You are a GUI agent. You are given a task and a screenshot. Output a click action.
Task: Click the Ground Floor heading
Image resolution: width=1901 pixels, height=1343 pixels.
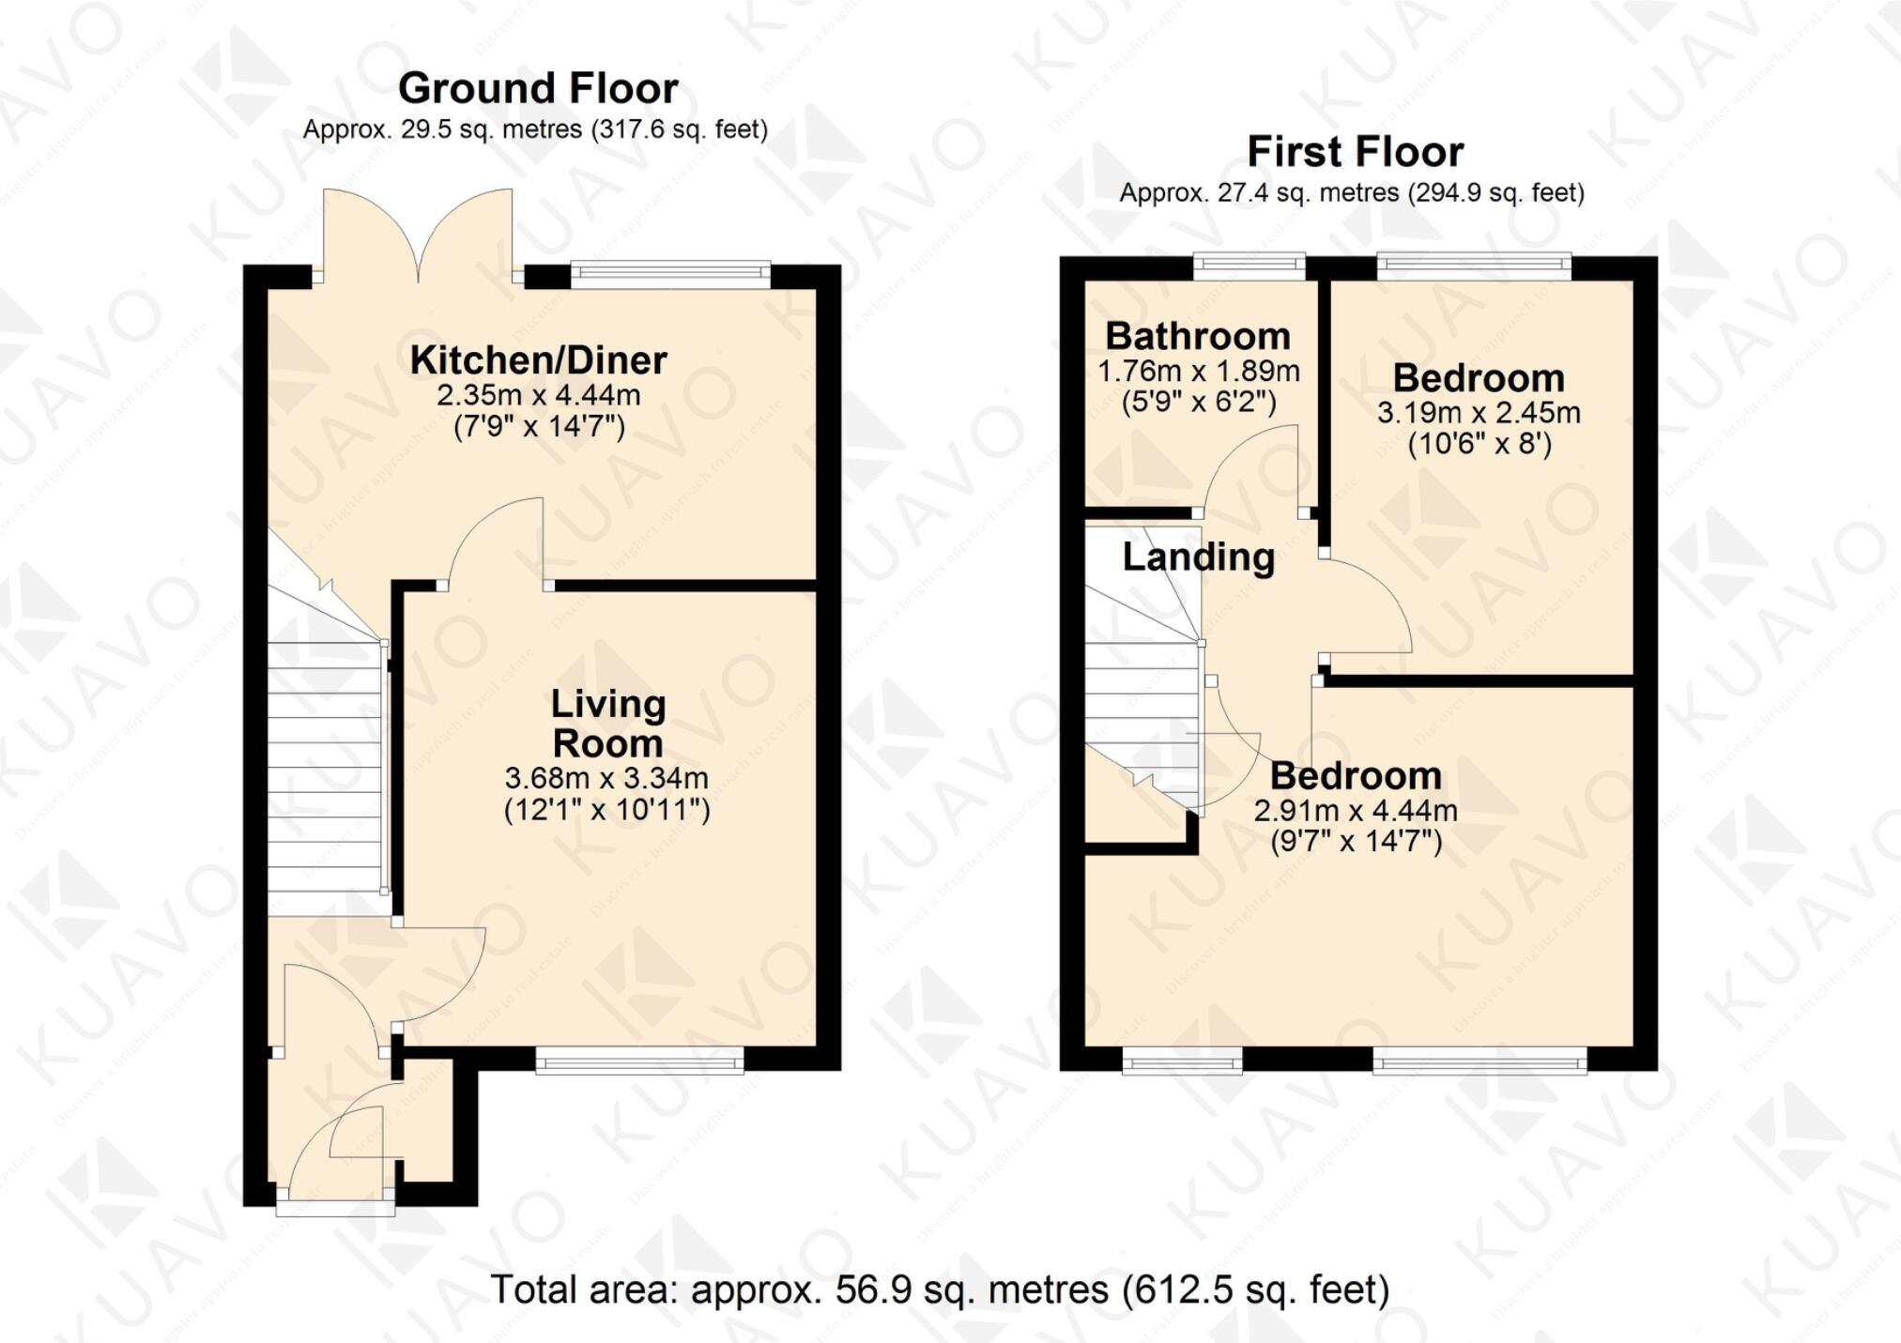click(538, 89)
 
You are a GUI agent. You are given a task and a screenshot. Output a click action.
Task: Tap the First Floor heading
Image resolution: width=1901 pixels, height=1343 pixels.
click(1355, 152)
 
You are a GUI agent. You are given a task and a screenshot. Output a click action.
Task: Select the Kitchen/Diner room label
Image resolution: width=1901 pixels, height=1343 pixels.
click(538, 360)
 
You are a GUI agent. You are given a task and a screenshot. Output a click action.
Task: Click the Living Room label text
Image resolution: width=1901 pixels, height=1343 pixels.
click(608, 724)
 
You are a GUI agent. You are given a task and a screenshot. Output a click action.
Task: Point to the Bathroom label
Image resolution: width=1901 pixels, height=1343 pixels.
click(1198, 336)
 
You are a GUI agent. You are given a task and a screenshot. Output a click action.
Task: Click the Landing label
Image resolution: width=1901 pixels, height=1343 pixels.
click(1199, 557)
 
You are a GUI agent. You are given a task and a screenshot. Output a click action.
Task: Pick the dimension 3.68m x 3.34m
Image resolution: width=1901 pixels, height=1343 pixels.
click(606, 778)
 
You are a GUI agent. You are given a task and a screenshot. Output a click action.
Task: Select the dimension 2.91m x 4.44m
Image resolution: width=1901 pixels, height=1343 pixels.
click(1356, 810)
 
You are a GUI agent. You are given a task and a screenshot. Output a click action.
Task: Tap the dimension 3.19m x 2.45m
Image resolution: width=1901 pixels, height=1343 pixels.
click(1479, 413)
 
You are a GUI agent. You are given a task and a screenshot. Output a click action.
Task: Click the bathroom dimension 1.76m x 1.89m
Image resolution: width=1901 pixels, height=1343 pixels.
click(1199, 372)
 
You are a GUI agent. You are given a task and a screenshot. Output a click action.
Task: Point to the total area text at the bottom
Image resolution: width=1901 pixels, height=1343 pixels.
click(940, 1290)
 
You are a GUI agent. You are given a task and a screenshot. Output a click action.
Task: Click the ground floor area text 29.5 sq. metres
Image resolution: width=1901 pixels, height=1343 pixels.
click(535, 130)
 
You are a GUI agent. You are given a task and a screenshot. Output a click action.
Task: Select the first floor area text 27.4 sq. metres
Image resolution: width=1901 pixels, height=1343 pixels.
click(1352, 193)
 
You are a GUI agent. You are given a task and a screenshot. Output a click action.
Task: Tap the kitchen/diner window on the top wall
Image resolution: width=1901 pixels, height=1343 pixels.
click(670, 274)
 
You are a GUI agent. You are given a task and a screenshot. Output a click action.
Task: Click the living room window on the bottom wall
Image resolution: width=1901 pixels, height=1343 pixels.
click(639, 1061)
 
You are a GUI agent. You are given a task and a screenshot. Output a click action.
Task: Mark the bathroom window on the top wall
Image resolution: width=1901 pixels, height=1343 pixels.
click(1249, 267)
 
